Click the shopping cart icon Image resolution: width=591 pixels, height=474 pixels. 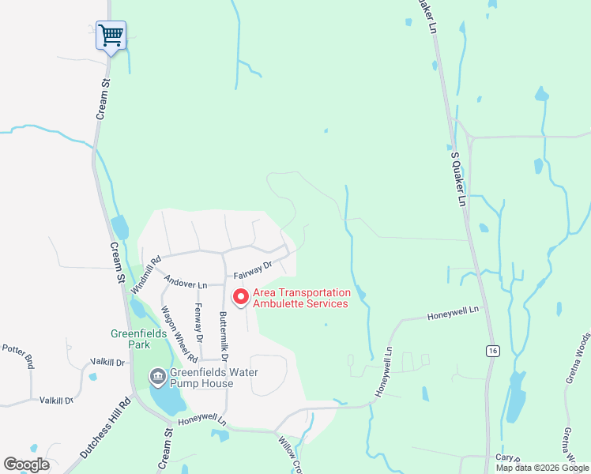coord(111,35)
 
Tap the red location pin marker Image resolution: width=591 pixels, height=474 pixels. coord(240,297)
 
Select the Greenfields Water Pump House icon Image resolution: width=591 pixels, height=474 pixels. coord(157,377)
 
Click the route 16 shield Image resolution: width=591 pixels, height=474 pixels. coord(492,349)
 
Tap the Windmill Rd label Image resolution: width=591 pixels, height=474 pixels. coord(145,273)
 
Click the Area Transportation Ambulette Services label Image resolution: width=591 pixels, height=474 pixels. coord(300,298)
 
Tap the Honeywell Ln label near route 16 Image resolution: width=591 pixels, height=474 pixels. coord(454,314)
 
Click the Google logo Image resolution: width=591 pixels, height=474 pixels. coord(26,465)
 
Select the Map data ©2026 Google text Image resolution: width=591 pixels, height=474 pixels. coord(541,468)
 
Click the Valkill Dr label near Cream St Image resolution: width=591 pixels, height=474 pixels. coord(107,362)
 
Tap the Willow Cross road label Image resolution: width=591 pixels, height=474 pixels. coord(290,455)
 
